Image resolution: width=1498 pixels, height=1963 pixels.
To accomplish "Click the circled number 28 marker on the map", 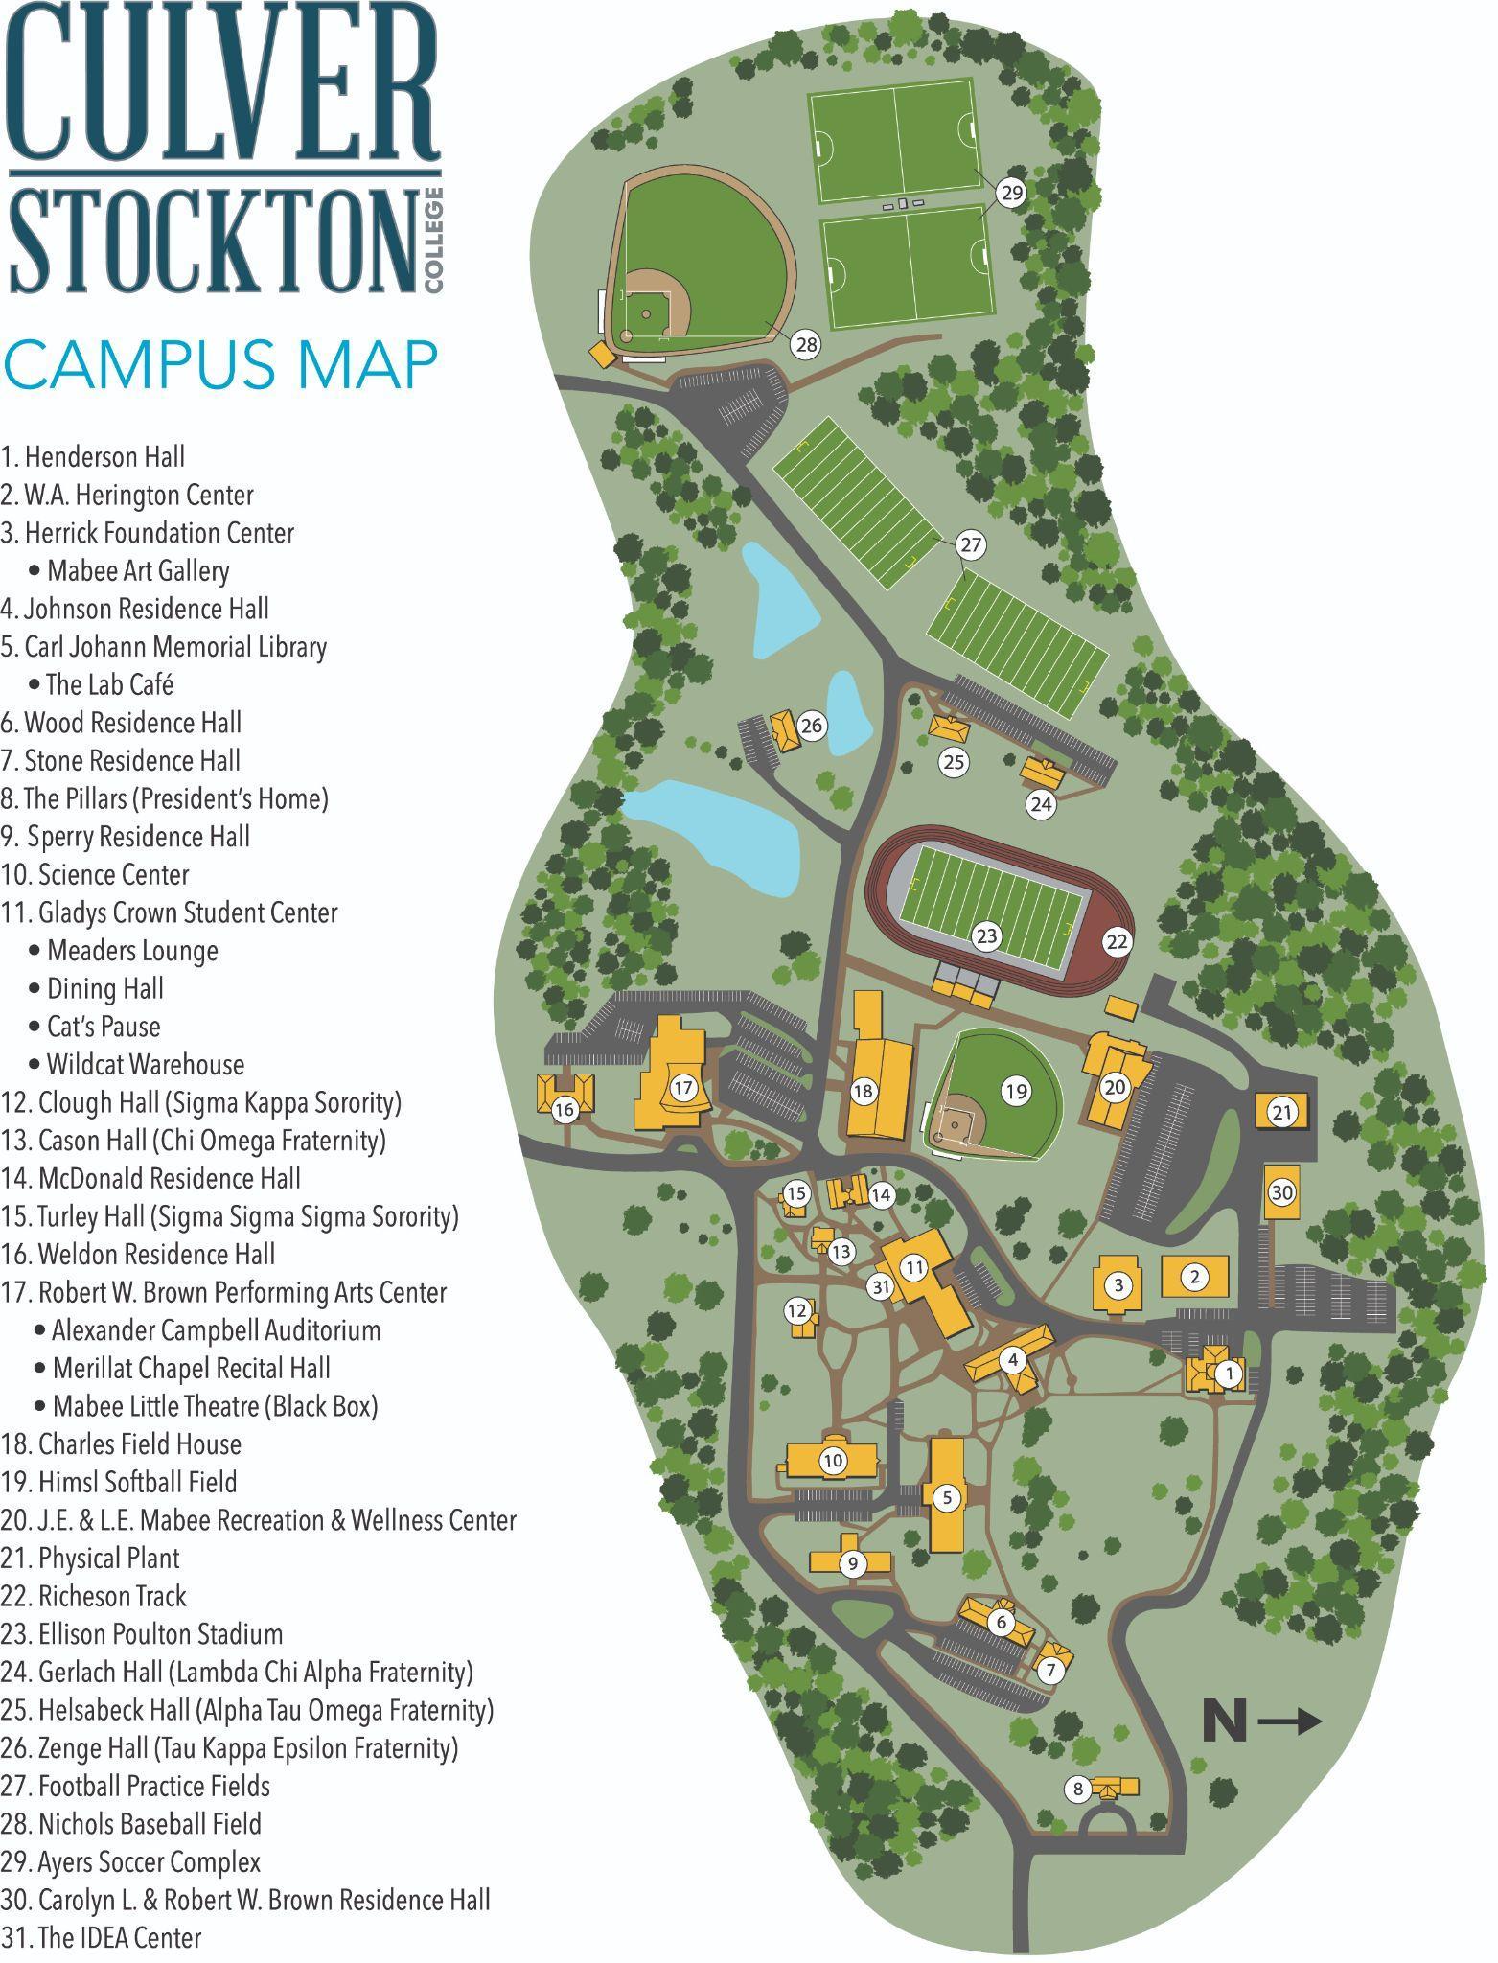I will tap(807, 344).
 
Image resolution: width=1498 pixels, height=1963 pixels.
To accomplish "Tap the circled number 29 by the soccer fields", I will tap(1011, 194).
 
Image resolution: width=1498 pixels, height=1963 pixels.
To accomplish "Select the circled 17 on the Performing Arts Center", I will tap(682, 1088).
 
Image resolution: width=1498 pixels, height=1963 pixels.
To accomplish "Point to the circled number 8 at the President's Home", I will tap(1078, 1789).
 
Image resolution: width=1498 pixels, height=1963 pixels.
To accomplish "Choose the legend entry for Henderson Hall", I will tap(93, 457).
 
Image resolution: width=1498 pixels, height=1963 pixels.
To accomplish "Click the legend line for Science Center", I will tap(96, 875).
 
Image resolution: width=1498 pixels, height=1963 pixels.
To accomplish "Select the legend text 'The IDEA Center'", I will tap(102, 1937).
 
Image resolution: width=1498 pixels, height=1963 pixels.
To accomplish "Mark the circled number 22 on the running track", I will tap(1118, 942).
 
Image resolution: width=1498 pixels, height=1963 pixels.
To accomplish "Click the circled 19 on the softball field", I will tap(1015, 1090).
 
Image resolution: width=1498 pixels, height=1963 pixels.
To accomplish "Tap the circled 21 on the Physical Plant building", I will tap(1282, 1113).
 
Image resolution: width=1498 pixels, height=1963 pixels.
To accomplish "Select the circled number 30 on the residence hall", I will tap(1282, 1192).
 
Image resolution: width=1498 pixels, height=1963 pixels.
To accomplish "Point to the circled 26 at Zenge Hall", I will tap(812, 726).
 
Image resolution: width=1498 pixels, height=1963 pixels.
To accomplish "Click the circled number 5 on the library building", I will tap(946, 1497).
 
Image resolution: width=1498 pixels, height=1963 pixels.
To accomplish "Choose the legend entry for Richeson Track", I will tap(94, 1596).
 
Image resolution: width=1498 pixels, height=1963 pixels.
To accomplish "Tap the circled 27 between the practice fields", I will tap(971, 545).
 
